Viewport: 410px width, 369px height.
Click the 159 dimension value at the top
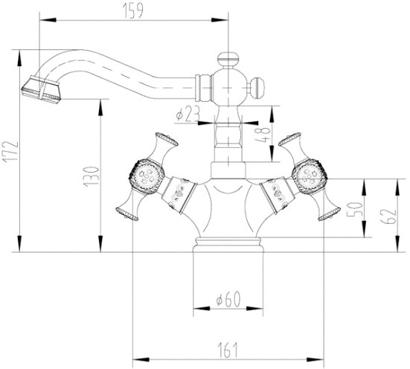(x=133, y=11)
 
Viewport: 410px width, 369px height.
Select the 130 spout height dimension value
(x=92, y=176)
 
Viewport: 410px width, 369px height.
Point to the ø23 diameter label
(x=188, y=114)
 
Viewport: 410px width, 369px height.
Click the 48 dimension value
(x=262, y=135)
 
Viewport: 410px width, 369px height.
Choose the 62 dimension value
(x=388, y=216)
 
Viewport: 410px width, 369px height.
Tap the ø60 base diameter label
(x=228, y=299)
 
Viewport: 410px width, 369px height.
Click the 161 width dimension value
(x=228, y=350)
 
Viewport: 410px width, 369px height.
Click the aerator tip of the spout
(x=41, y=90)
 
